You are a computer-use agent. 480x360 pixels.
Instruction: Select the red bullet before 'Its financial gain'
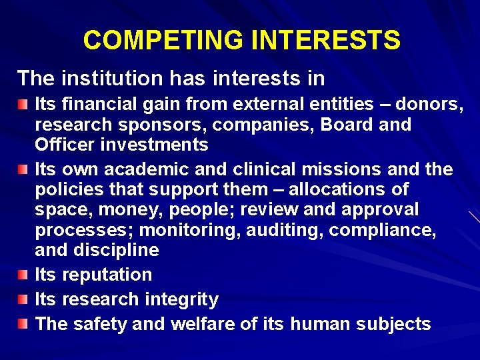click(24, 104)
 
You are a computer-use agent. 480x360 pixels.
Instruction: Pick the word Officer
click(64, 145)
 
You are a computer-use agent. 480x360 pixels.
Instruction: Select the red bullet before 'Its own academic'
click(24, 169)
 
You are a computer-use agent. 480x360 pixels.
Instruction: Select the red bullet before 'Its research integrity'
click(24, 299)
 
